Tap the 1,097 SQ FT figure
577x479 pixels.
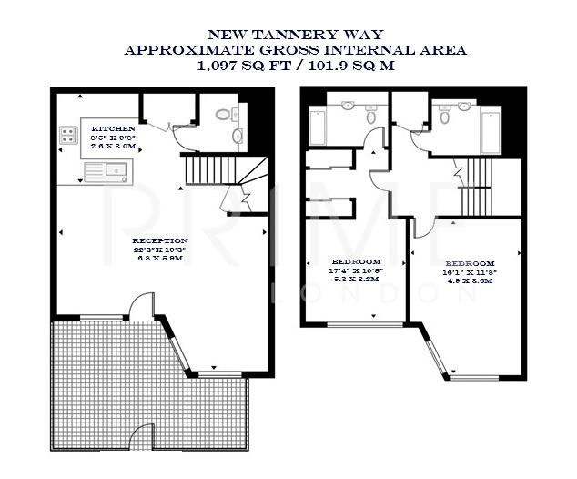click(x=239, y=66)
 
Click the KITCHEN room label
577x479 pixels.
click(x=114, y=129)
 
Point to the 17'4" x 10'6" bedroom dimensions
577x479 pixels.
click(x=355, y=271)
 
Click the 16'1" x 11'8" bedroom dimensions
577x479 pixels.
click(x=469, y=271)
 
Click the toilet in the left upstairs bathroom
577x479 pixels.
click(x=370, y=115)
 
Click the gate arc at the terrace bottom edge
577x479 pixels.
click(x=141, y=434)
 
